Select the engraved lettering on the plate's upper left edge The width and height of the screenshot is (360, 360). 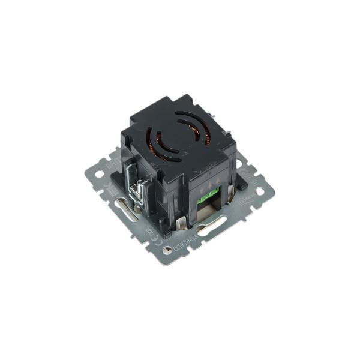[112, 161]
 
